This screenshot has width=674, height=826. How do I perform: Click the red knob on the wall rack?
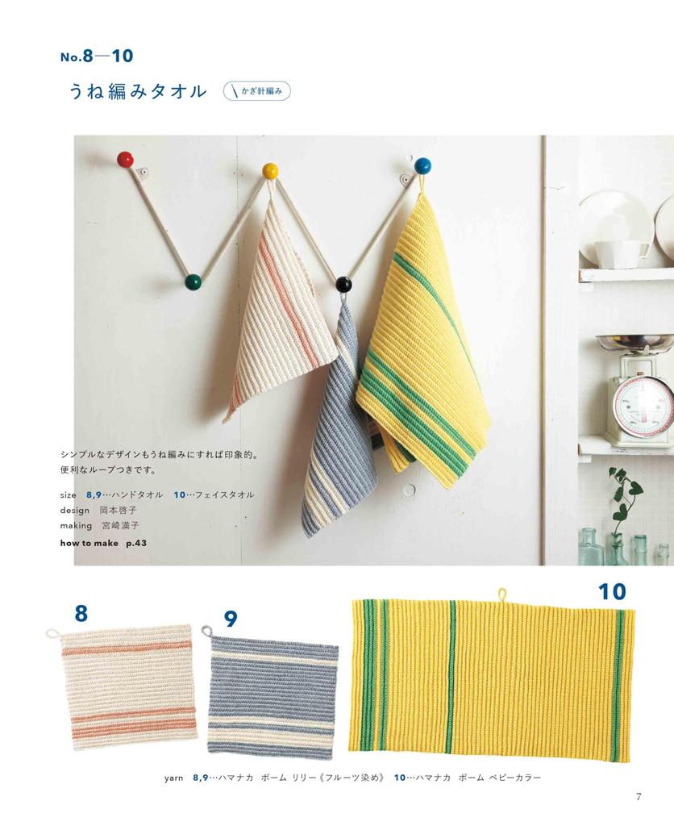point(125,159)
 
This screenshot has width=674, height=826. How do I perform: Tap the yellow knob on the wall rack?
point(271,171)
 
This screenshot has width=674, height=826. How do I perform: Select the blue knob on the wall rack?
point(422,166)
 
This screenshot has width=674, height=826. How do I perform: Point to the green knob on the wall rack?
point(193,282)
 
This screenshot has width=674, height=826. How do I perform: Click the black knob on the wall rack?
point(344,285)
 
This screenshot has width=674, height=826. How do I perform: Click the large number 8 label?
point(81,614)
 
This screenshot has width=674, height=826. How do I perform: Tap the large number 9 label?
point(231,619)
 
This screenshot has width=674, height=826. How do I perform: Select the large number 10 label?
point(611,592)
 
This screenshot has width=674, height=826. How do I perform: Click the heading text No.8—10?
point(97,56)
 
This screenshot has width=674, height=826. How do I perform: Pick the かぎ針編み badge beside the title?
point(256,91)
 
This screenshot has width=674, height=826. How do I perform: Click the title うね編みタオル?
point(138,91)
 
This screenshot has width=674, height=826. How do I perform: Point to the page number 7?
point(638,797)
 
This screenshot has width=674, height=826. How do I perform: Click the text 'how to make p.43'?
point(103,543)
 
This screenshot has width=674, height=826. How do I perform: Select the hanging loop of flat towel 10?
point(501,594)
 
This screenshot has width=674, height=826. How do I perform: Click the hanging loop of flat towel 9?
point(205,629)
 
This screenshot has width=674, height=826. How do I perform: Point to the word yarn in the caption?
point(175,778)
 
